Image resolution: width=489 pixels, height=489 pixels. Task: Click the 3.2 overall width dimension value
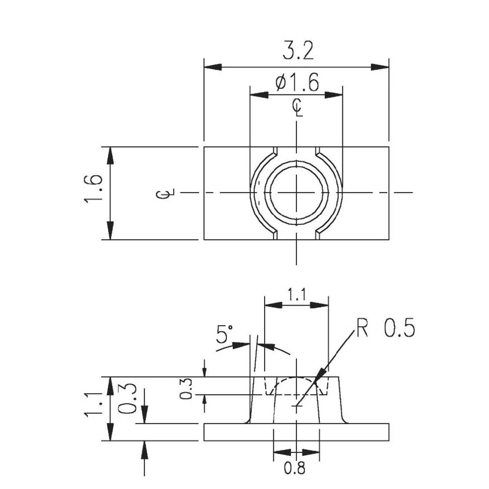(x=298, y=51)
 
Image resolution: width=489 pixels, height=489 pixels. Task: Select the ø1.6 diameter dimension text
(x=297, y=83)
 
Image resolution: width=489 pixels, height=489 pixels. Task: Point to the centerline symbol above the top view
(x=297, y=107)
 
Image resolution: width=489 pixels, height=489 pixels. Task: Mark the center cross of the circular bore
(x=297, y=193)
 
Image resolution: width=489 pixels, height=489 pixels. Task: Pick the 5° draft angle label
(x=224, y=335)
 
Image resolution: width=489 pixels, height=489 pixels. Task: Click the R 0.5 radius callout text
(x=385, y=329)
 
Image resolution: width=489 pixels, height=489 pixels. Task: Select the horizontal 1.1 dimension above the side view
(x=296, y=295)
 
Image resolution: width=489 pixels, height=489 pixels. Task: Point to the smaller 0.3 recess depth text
(x=186, y=390)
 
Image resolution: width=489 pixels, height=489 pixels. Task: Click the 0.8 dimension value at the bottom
(x=295, y=468)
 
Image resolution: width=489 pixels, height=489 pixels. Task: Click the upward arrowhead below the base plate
(x=144, y=449)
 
